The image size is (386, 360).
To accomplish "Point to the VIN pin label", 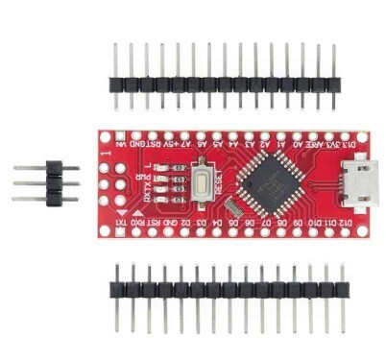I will point(121,142).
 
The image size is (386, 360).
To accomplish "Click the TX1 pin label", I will point(121,223).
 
